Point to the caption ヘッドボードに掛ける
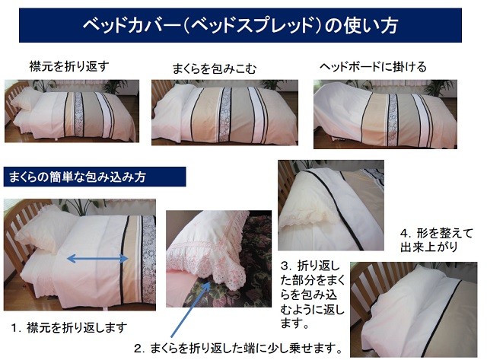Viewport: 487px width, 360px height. click(x=372, y=67)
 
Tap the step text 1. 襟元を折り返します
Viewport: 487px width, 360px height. click(x=68, y=327)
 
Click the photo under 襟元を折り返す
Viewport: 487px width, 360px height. click(x=70, y=110)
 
